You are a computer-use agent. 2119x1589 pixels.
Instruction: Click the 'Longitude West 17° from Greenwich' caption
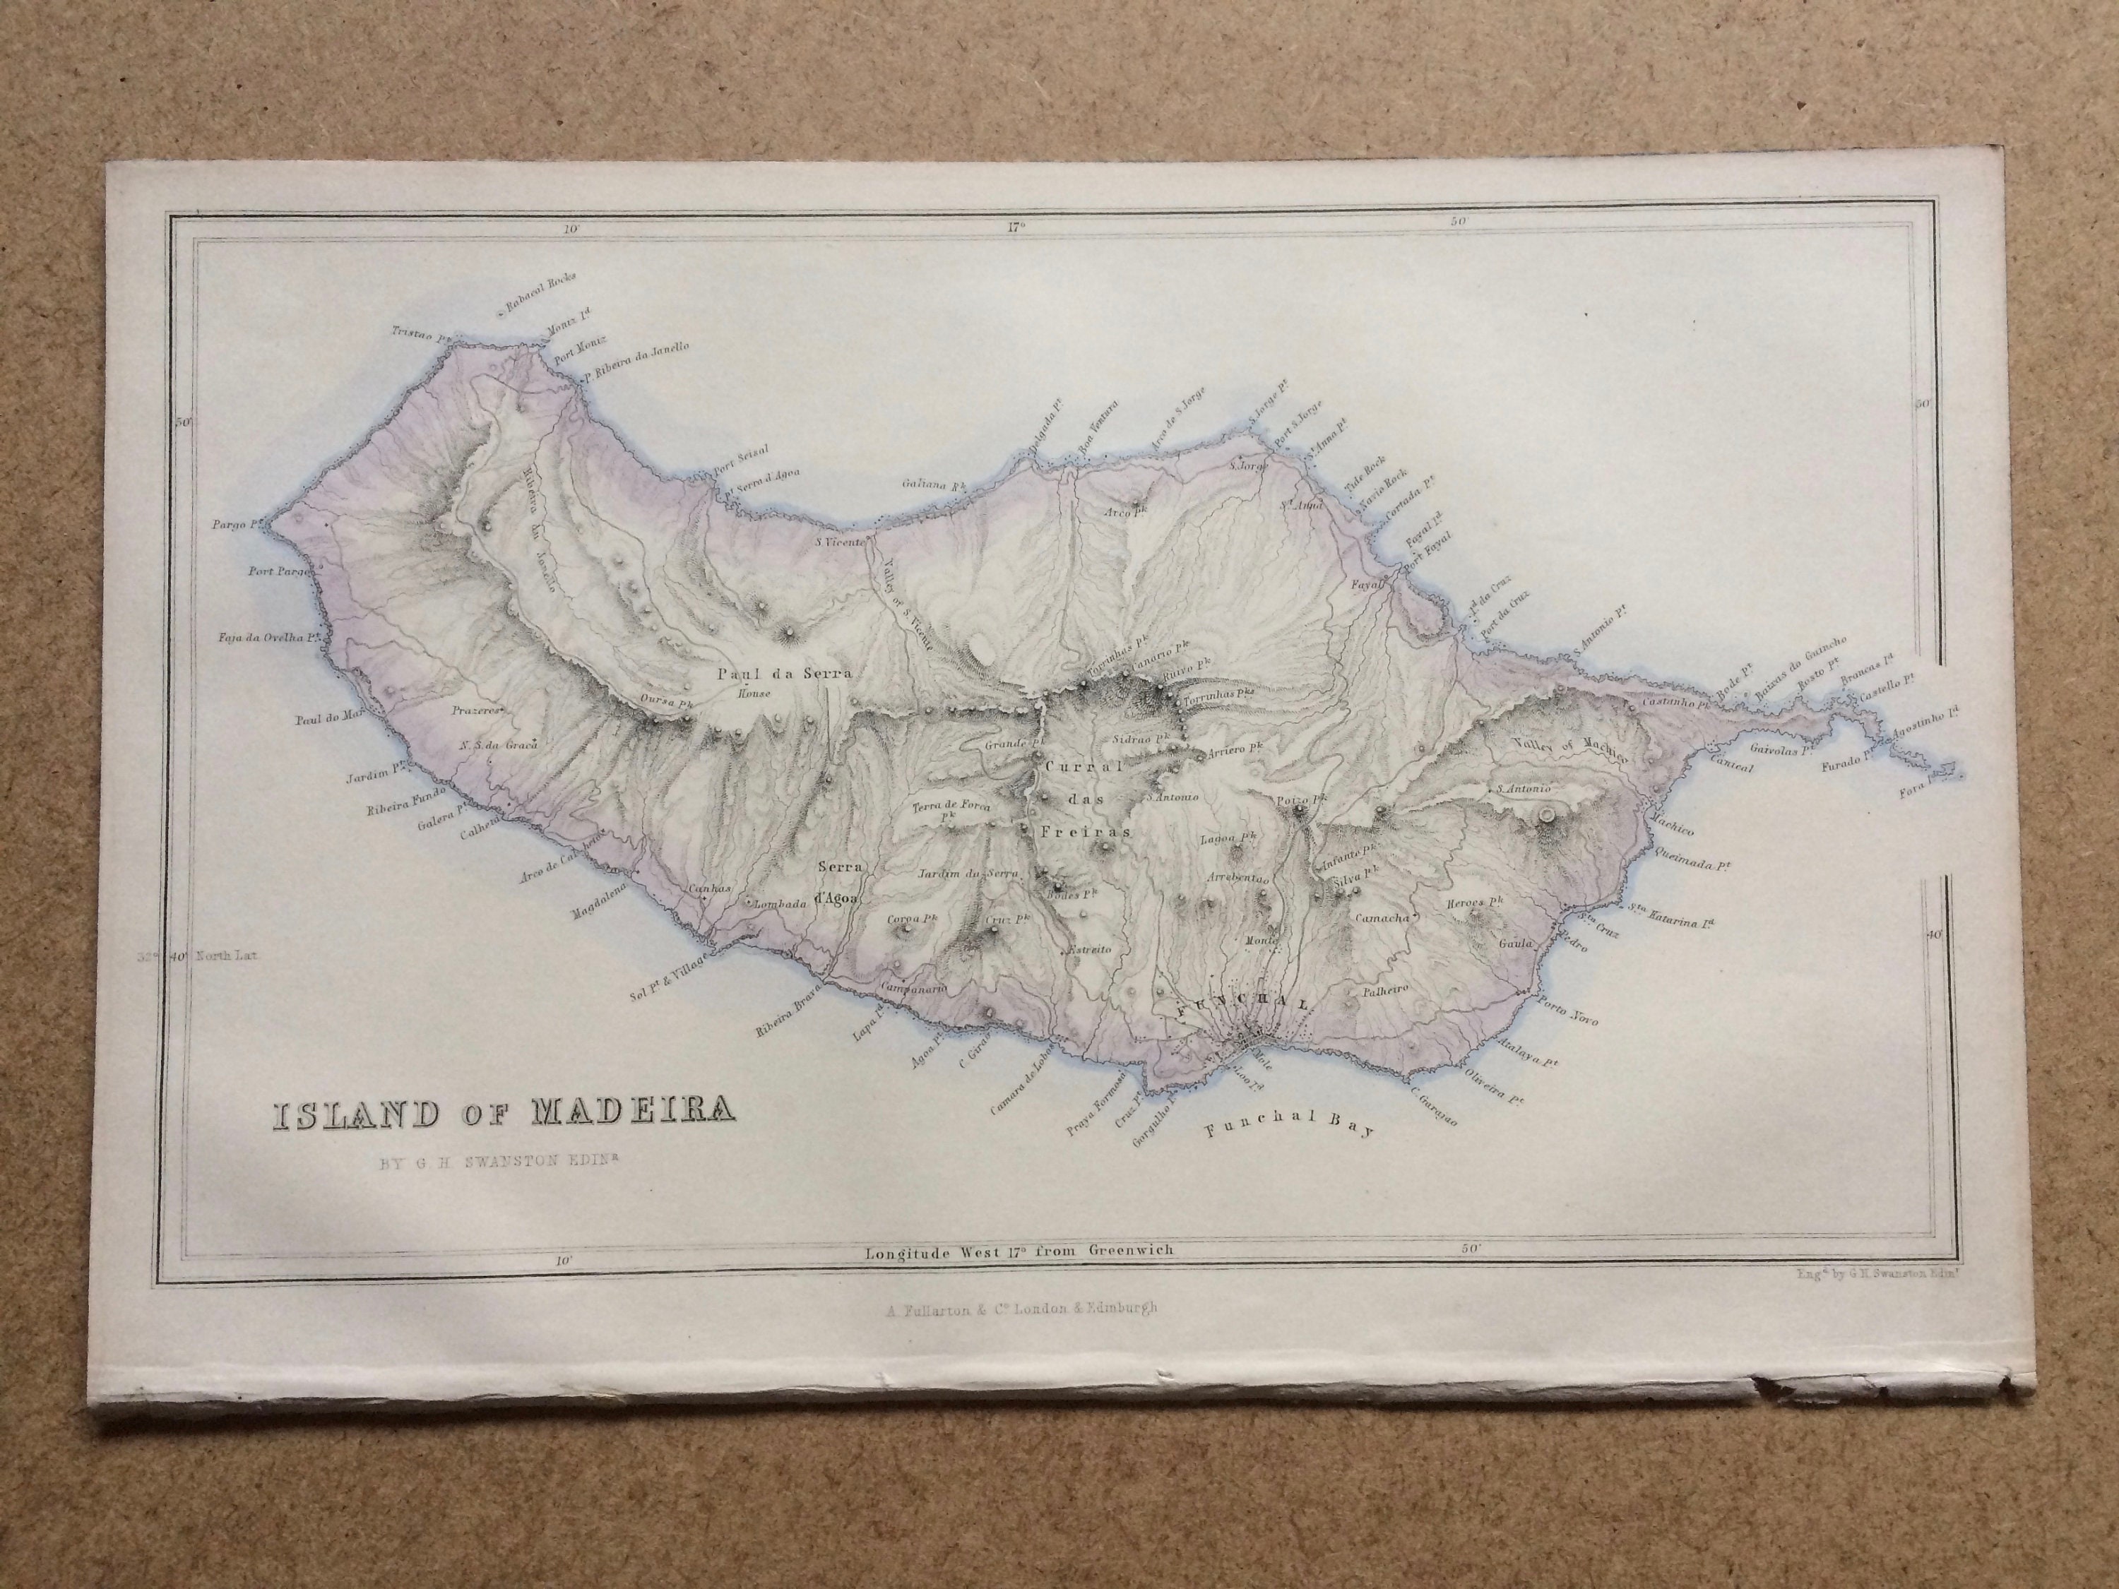[1019, 1250]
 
